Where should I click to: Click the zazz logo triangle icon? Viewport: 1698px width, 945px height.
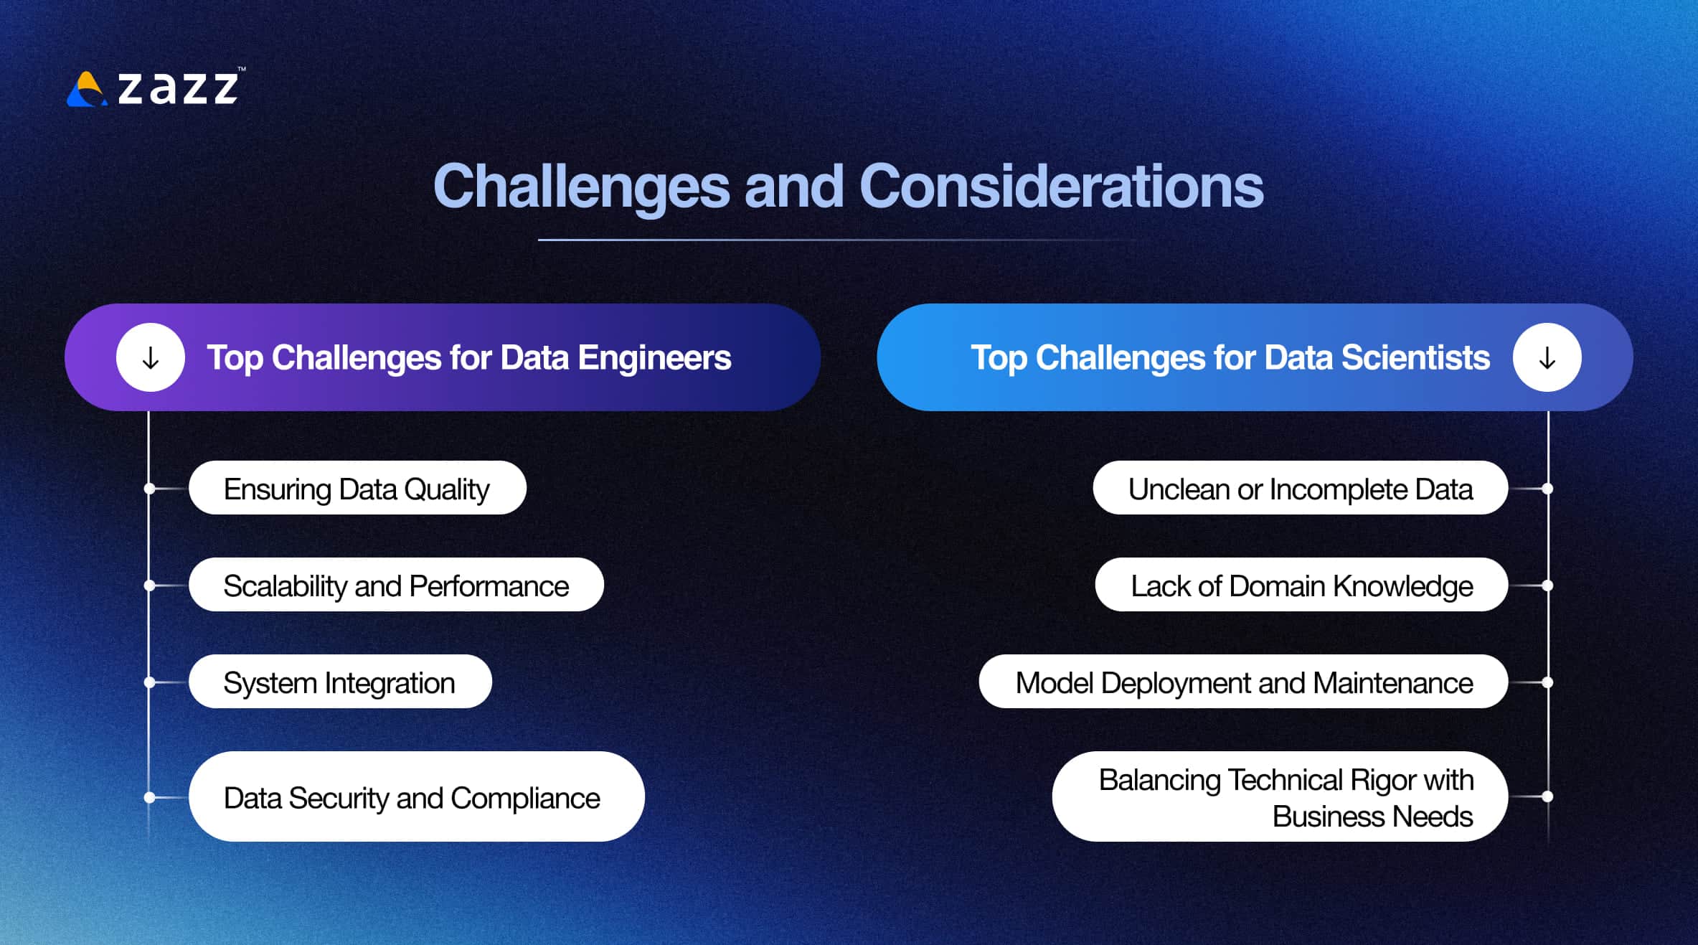coord(87,90)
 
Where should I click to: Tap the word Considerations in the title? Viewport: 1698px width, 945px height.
coord(1060,187)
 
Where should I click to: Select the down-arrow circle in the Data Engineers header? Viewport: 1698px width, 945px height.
coord(151,357)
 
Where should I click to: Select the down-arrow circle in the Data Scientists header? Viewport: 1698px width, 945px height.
coord(1547,357)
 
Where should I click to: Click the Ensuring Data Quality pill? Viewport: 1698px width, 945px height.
coord(357,489)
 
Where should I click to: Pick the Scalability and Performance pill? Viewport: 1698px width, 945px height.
coord(395,586)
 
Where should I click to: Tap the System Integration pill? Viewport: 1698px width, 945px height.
coord(339,682)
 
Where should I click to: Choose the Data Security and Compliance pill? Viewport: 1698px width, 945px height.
coord(415,797)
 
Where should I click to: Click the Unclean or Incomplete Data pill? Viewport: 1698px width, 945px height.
coord(1300,489)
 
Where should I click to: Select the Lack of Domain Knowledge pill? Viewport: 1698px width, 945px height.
coord(1301,586)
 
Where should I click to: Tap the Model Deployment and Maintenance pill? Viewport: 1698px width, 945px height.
coord(1243,682)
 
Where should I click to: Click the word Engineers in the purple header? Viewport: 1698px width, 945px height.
coord(654,357)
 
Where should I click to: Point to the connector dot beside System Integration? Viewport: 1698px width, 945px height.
coord(149,682)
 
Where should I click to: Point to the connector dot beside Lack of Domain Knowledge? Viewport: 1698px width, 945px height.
coord(1547,586)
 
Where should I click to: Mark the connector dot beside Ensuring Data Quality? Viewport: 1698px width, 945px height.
coord(149,489)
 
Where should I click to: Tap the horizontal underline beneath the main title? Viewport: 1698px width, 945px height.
coord(825,240)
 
